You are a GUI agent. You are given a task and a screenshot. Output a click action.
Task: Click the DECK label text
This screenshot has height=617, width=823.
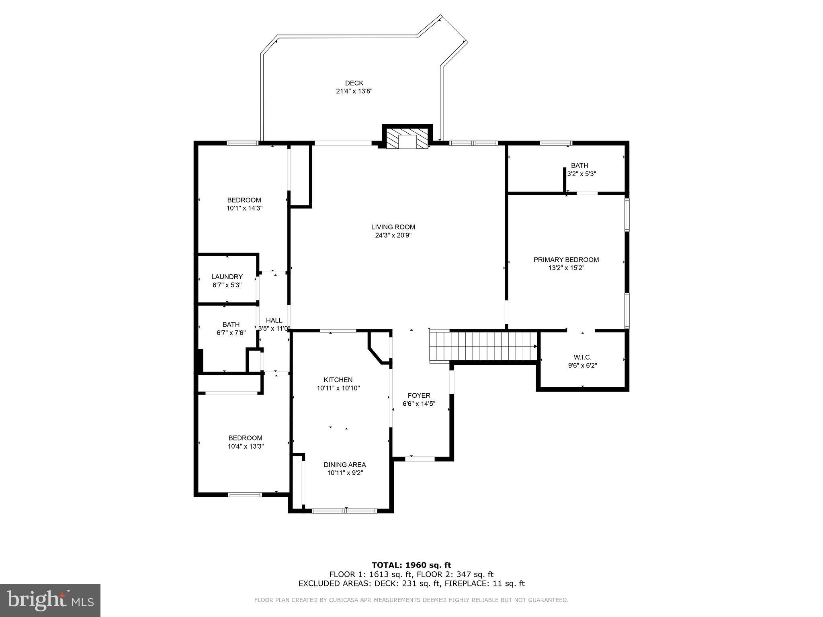coord(354,83)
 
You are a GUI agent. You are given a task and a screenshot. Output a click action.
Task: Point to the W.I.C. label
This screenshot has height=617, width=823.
coord(582,357)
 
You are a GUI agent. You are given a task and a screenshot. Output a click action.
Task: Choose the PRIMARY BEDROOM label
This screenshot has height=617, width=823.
coord(566,260)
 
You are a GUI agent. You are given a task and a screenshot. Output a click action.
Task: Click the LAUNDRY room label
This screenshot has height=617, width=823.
coord(227,277)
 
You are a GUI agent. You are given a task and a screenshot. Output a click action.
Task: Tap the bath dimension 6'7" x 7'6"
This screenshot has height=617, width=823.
coord(231,333)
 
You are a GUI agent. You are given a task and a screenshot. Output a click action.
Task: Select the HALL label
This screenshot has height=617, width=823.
coord(274,320)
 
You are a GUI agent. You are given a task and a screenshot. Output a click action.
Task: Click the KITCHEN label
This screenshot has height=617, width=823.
coord(338,380)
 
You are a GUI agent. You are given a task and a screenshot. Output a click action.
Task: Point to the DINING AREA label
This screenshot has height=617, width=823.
coord(345,465)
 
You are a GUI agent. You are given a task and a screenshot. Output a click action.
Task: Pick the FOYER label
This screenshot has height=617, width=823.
coord(419,395)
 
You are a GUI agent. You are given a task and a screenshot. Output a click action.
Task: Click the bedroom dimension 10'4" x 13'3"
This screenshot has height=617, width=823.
coord(246,446)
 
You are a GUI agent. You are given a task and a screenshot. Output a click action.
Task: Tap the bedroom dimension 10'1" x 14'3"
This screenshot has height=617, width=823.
coord(244,208)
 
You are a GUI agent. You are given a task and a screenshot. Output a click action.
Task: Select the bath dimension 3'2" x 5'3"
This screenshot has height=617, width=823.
coord(581,174)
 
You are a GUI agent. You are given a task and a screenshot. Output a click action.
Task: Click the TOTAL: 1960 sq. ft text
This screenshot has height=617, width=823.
coord(411,566)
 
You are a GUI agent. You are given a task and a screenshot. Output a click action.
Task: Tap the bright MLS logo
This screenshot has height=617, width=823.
coord(50,601)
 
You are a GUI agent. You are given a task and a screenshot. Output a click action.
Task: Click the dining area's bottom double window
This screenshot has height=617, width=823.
coord(344,511)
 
